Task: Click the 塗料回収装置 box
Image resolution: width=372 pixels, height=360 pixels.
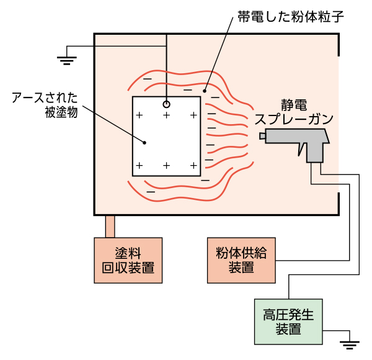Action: click(128, 261)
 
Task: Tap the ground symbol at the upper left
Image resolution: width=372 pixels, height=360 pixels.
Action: click(66, 60)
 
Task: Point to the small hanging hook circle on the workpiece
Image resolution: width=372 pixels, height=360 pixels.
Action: click(166, 104)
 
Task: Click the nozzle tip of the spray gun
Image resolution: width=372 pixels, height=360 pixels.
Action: click(262, 136)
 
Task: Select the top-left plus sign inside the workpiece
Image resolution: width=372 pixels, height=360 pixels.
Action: click(139, 115)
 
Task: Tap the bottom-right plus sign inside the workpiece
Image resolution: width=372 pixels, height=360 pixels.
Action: click(193, 165)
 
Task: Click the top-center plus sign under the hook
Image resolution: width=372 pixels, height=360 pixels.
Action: click(166, 115)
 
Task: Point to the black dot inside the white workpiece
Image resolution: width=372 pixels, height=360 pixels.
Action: click(144, 142)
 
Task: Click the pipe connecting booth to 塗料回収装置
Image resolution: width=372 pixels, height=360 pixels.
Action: click(110, 226)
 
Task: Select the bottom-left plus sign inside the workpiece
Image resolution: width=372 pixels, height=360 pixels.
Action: click(139, 165)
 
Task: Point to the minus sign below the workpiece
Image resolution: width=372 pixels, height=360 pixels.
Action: click(151, 191)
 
